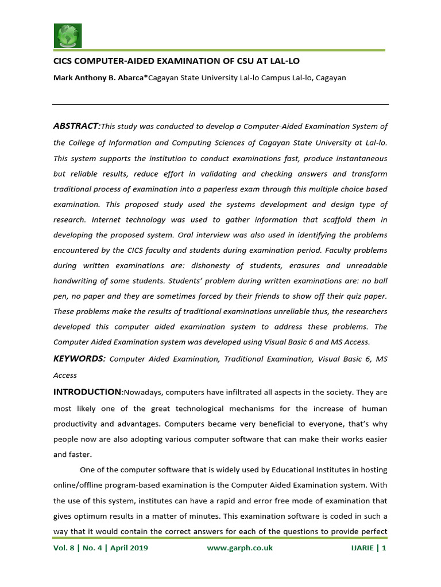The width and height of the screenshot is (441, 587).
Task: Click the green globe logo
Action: (x=68, y=36)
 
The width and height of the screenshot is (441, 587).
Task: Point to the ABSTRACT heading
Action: (x=76, y=126)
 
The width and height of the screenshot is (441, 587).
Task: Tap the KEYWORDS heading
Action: (x=79, y=358)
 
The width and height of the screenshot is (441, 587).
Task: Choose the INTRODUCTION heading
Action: (x=87, y=392)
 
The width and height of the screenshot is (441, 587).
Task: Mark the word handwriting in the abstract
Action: (x=78, y=281)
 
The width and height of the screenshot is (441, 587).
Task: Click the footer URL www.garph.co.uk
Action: (x=239, y=548)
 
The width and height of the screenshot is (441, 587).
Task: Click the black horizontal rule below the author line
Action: (x=220, y=104)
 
